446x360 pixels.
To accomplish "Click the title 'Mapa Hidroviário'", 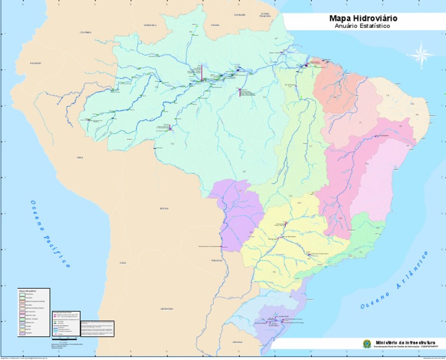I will tap(363, 19).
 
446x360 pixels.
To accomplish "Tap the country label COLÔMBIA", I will tap(85, 33).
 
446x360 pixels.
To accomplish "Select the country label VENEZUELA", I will tap(150, 26).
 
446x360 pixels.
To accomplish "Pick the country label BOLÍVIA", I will tap(164, 208).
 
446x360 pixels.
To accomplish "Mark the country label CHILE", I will tap(123, 262).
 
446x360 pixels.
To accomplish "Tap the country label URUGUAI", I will tap(238, 343).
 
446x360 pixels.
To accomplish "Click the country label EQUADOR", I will tap(35, 63).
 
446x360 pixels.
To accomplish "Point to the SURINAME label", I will tap(240, 15).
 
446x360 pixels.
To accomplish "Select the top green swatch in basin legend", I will tap(22, 296).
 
